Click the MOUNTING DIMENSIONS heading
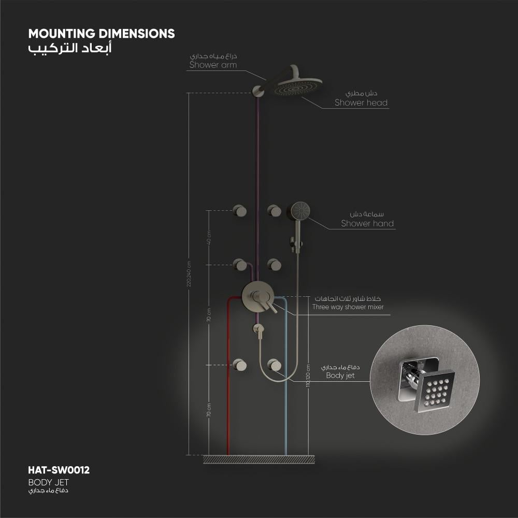102,34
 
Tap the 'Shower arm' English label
213,65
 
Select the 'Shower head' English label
361,103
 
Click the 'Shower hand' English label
367,224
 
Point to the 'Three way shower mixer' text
348,307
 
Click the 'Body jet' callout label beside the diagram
340,376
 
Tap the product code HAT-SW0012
59,470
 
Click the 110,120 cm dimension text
308,375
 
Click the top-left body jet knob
240,210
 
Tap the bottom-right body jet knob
275,365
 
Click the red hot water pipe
228,404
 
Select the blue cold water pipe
285,404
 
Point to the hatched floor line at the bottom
258,459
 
